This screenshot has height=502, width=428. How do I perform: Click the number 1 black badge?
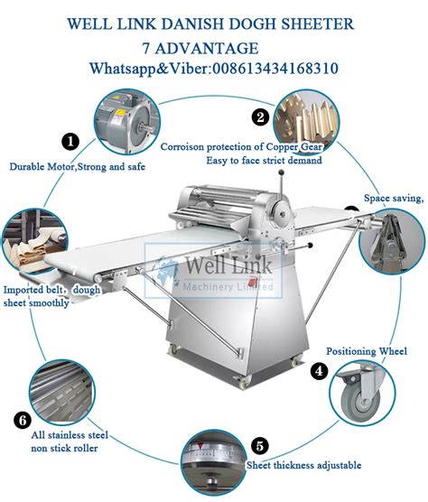click(70, 141)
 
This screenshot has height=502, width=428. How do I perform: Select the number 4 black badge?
click(318, 370)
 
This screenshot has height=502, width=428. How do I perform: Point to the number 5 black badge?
click(260, 445)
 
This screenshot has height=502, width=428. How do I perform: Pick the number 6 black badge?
click(23, 419)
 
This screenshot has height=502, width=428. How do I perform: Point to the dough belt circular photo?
click(33, 246)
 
